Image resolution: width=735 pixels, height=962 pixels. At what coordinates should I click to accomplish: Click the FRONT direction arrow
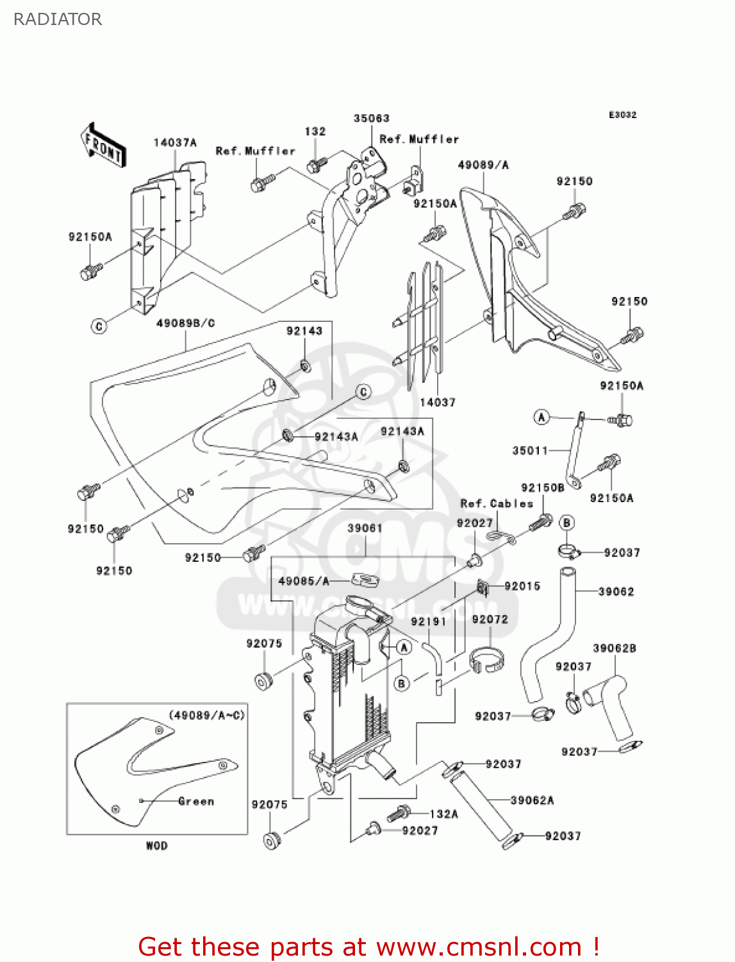[x=103, y=146]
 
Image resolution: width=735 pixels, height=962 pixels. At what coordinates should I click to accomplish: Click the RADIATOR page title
[x=57, y=19]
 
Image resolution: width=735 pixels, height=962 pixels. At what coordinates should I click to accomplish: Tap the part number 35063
[x=371, y=119]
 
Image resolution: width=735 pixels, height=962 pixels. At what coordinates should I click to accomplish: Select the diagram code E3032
[x=622, y=115]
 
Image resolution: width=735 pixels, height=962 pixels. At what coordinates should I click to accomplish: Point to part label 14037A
[x=174, y=143]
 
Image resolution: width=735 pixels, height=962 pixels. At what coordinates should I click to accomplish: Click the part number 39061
[x=365, y=528]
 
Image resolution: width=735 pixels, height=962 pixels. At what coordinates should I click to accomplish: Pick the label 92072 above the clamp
[x=490, y=620]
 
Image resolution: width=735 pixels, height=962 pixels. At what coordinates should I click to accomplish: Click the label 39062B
[x=614, y=648]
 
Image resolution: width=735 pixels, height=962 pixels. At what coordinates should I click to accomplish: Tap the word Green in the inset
[x=196, y=801]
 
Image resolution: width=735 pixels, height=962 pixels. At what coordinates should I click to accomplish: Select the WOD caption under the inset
[x=156, y=846]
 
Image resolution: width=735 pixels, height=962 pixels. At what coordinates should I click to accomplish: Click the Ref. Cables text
[x=497, y=504]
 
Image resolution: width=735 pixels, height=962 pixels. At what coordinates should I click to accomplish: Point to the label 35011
[x=530, y=451]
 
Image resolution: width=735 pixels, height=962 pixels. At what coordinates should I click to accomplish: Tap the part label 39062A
[x=532, y=800]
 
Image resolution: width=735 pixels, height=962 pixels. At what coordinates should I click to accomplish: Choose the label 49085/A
[x=304, y=581]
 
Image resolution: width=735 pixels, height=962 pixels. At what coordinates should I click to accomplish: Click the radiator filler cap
[x=358, y=604]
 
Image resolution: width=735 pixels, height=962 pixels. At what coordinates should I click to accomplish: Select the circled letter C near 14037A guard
[x=99, y=326]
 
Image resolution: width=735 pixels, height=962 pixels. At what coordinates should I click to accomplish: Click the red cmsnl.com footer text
[x=368, y=947]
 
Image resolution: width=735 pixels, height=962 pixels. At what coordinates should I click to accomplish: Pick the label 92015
[x=522, y=586]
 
